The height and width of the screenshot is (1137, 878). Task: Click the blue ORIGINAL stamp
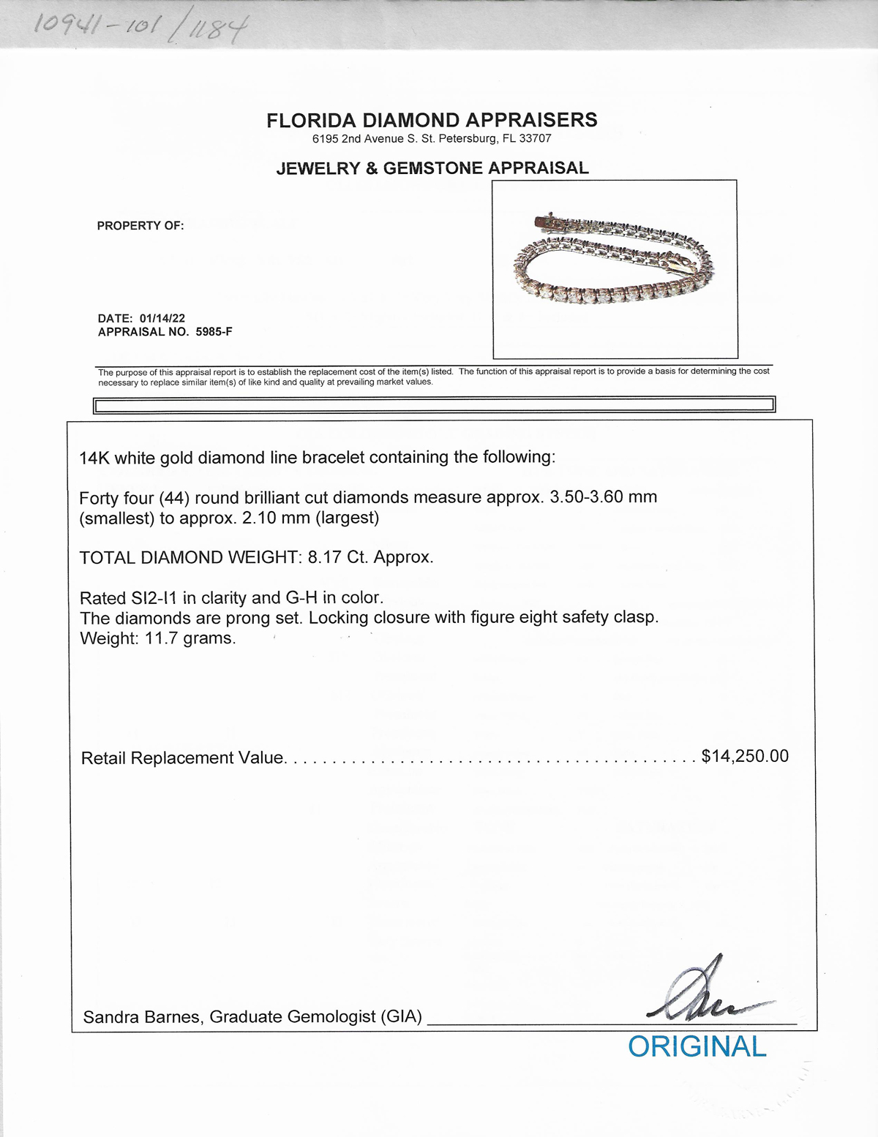697,1046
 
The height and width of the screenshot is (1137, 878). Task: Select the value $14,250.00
745,756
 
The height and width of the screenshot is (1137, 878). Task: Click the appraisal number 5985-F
214,332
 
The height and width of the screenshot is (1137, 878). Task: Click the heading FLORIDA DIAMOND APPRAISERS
432,120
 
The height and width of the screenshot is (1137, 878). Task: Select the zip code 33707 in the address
536,139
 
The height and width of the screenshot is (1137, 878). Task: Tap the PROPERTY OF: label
140,226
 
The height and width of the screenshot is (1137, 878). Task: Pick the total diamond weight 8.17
323,558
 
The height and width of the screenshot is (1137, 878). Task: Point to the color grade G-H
301,598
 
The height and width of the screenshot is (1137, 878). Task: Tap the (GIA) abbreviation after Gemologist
401,1017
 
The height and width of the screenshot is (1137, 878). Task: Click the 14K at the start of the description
94,458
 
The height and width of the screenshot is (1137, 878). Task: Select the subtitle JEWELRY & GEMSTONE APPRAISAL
432,168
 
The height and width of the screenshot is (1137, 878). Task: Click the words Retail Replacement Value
182,758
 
